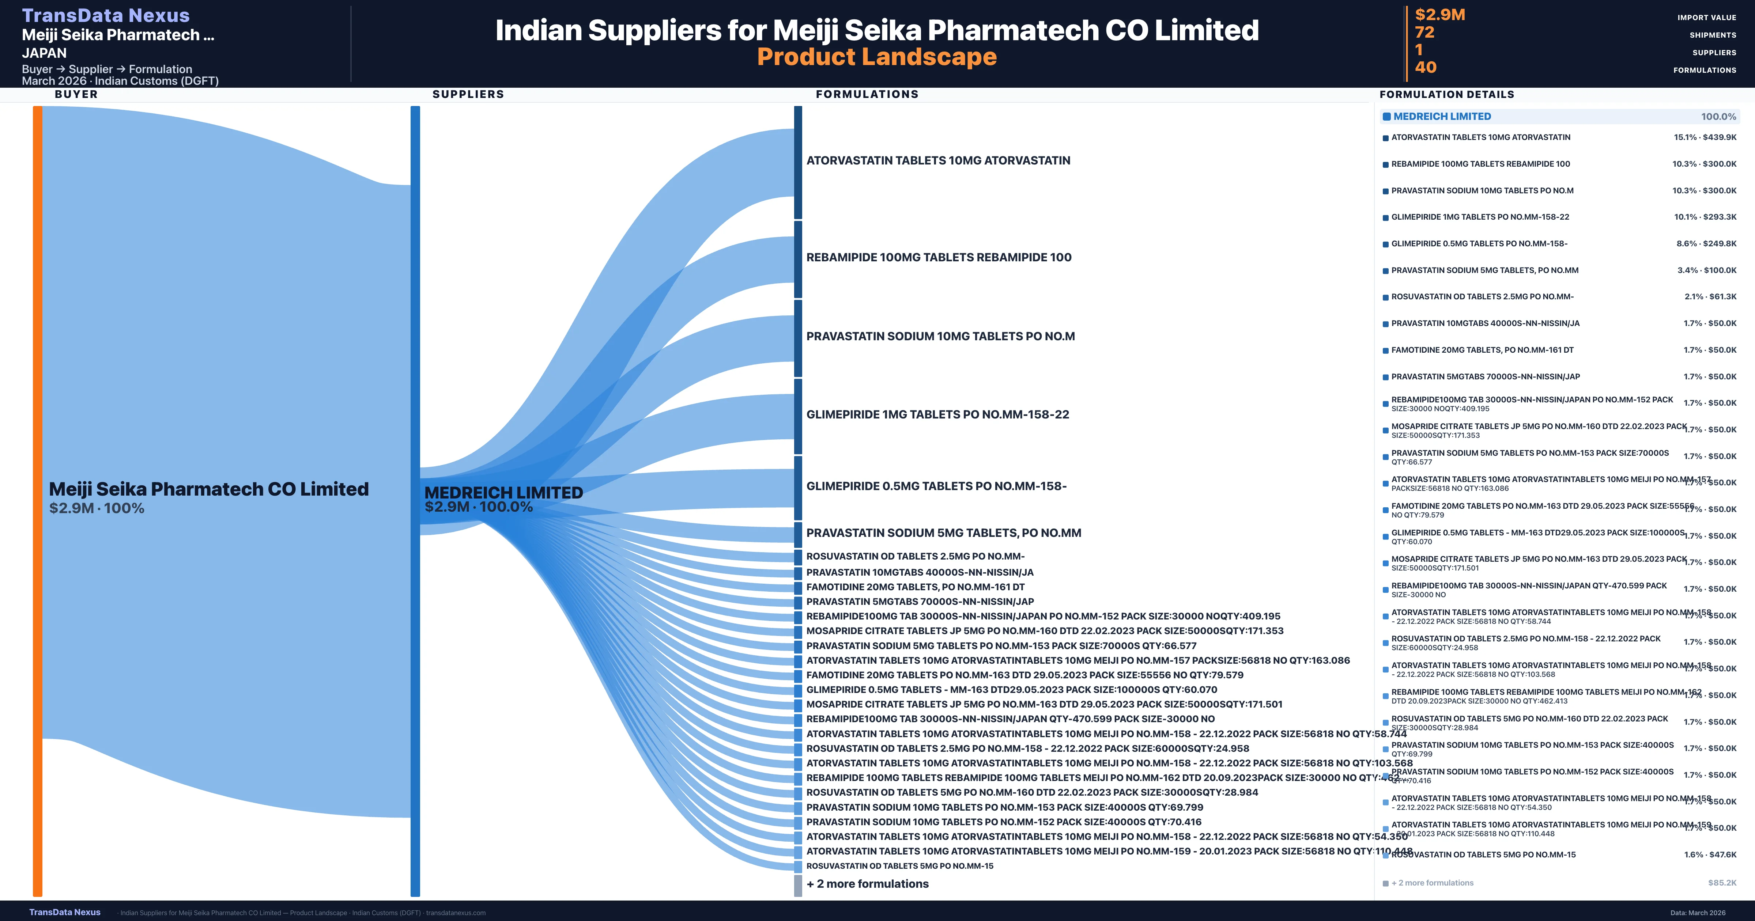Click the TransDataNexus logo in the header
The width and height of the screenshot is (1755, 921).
(106, 15)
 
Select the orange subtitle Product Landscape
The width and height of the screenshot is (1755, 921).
(877, 57)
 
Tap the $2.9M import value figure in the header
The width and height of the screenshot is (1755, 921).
(1439, 14)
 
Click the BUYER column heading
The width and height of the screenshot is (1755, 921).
(76, 94)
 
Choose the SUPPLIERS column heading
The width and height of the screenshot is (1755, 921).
(468, 94)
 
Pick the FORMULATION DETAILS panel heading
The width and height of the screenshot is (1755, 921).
(1446, 94)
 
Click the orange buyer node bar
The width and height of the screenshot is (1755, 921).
(37, 501)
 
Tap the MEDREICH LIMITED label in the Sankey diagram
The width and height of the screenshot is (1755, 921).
(503, 492)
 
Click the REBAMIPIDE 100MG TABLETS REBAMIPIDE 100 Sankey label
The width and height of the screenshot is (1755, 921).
(938, 257)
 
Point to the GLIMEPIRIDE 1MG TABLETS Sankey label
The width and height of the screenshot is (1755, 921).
(937, 414)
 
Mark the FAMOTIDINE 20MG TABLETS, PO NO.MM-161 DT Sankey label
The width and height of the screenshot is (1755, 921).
(915, 587)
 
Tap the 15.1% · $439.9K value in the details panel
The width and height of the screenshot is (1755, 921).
(1705, 137)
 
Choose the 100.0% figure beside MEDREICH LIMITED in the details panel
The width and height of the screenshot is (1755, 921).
(1718, 117)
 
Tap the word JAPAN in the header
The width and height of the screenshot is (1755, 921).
(44, 53)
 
